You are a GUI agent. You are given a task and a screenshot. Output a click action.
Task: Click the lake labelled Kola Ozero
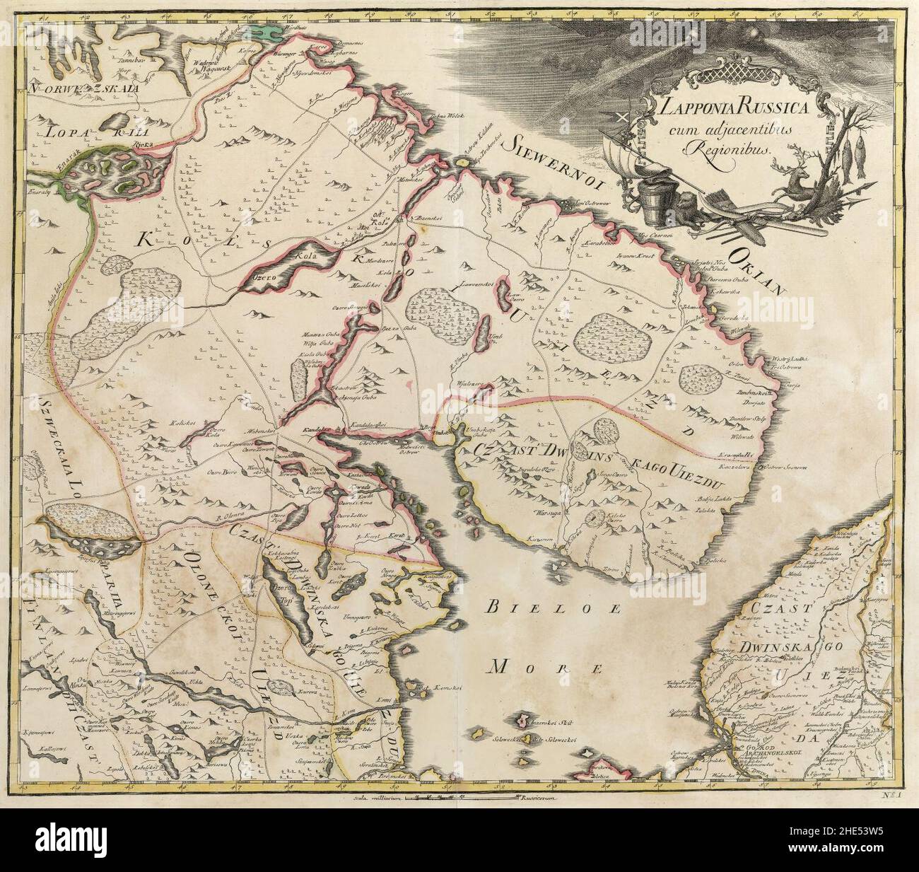coord(278,265)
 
